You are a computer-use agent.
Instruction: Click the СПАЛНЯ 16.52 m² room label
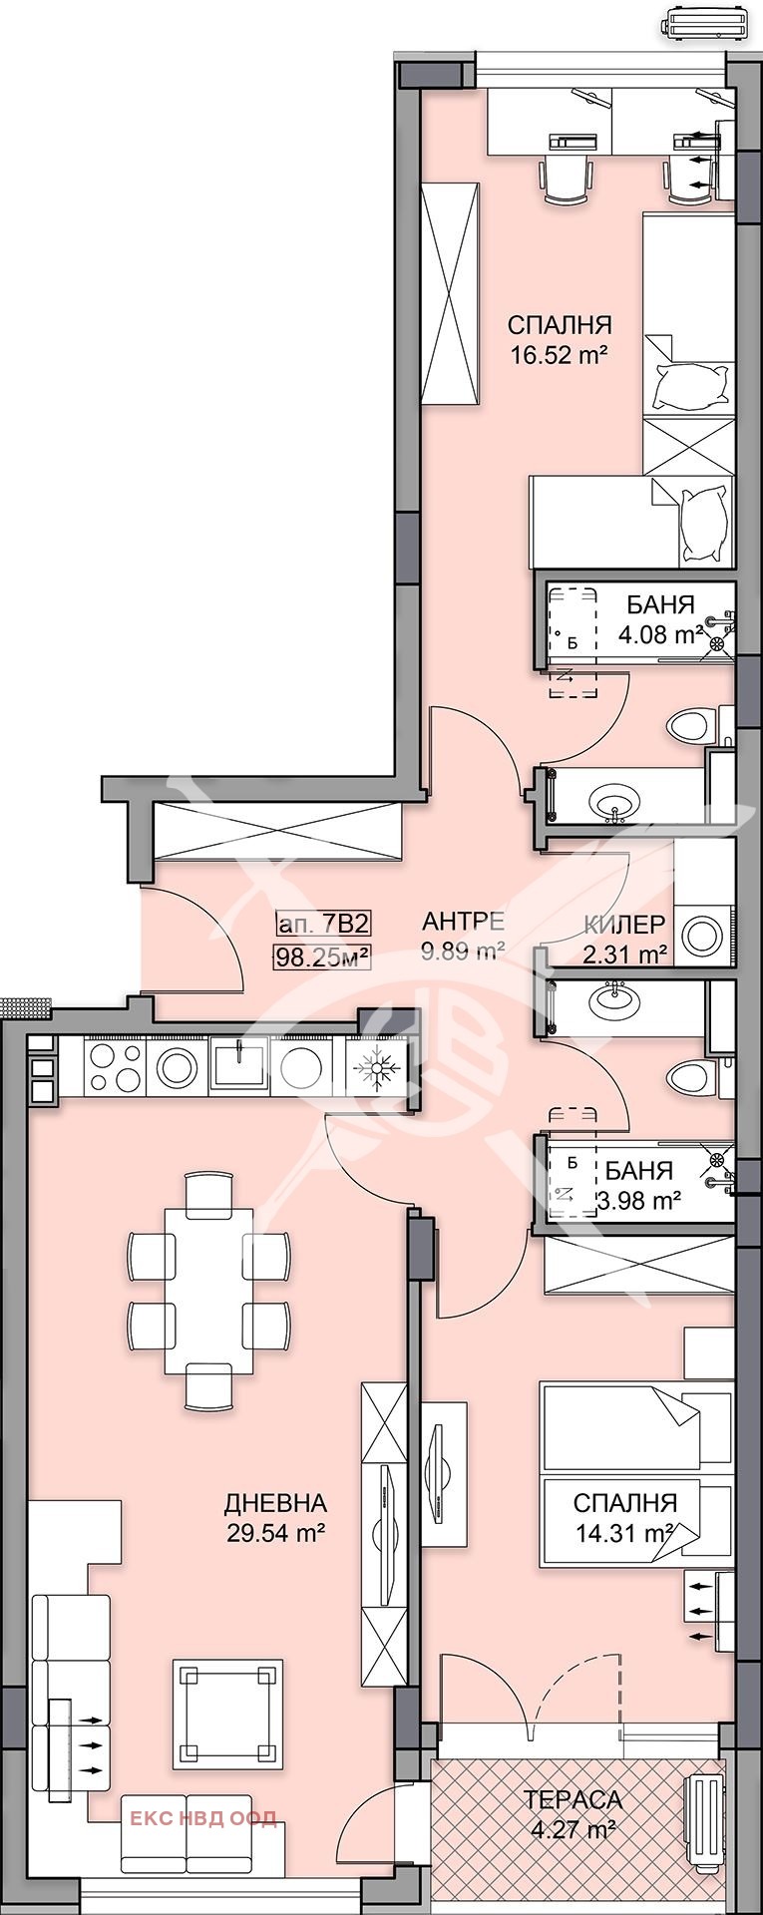(x=559, y=339)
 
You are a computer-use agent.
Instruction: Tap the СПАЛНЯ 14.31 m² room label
(x=625, y=1517)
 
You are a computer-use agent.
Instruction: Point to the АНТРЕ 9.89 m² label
(x=463, y=936)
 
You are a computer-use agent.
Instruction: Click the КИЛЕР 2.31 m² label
(x=625, y=939)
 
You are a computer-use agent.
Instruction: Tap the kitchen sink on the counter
(x=237, y=1067)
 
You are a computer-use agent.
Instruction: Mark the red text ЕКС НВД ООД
(x=203, y=1818)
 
